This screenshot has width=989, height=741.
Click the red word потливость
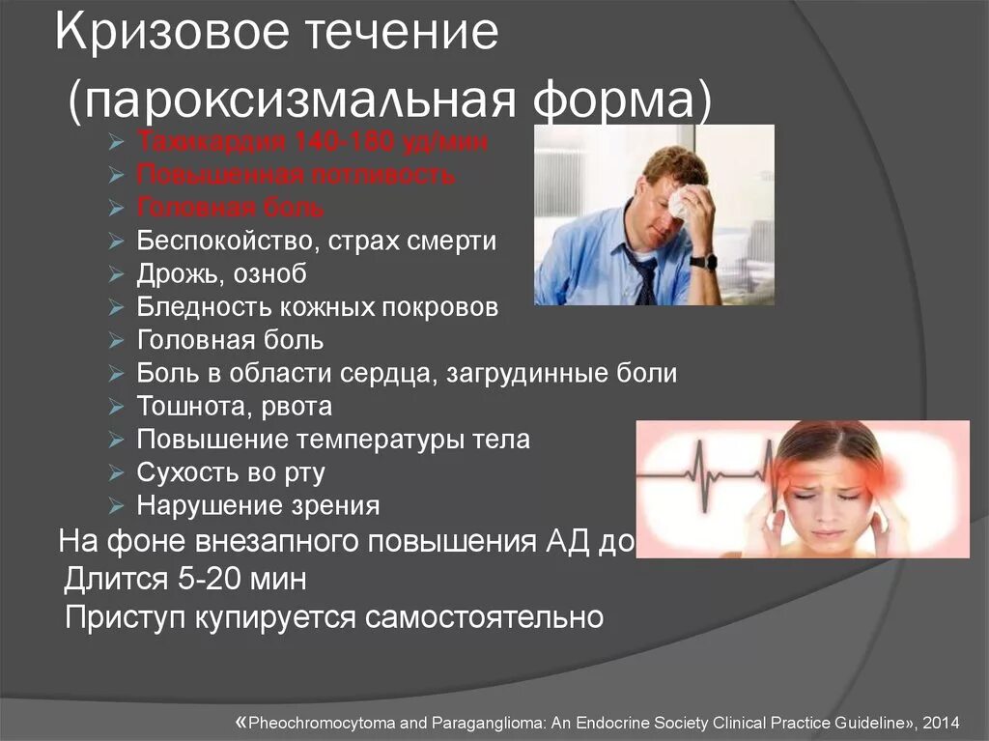[384, 176]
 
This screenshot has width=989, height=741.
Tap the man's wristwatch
[704, 261]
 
